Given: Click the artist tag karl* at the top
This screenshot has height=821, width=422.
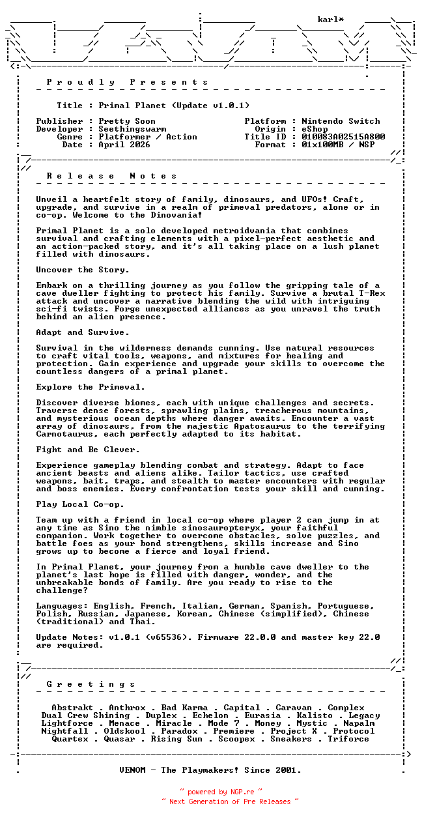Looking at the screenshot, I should [x=331, y=20].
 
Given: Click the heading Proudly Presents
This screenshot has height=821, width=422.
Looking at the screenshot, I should [x=128, y=82].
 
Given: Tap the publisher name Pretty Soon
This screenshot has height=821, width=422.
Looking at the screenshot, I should [x=127, y=121].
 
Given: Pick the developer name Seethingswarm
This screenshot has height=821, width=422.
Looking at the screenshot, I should [x=132, y=129].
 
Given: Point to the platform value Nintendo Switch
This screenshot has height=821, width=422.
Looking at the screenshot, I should [x=341, y=121].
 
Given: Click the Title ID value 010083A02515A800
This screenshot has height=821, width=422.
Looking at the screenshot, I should [x=343, y=137].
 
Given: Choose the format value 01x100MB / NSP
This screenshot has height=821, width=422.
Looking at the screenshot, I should [x=338, y=145].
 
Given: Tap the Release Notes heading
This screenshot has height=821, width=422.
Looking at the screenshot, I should [x=112, y=176].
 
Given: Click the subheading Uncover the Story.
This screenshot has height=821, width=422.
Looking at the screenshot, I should [x=83, y=270].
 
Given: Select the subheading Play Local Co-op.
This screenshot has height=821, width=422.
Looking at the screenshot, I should [x=80, y=504].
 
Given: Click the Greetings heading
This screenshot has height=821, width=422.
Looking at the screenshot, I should [x=91, y=684].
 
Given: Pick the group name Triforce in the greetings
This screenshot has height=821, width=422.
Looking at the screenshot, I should [x=348, y=739].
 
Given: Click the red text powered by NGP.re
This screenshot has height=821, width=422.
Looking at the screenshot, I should [x=221, y=792].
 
